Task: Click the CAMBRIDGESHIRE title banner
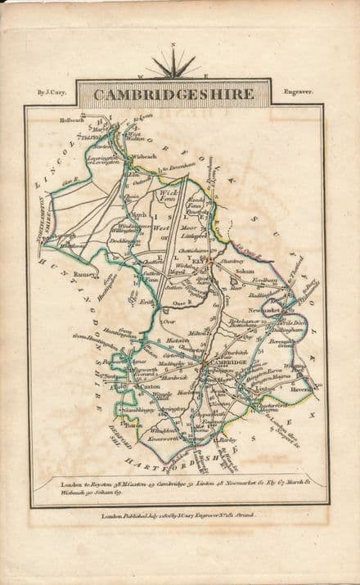point(173,95)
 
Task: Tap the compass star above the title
point(173,65)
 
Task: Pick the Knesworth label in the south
point(164,439)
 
